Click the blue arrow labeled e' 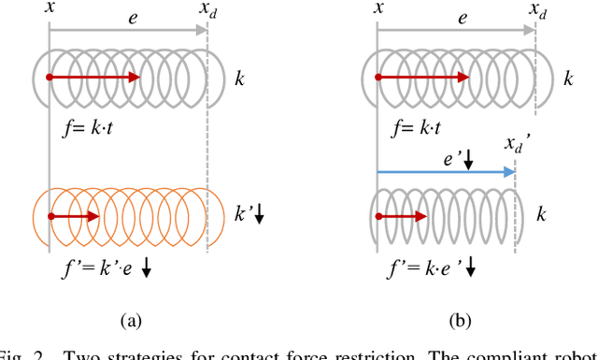pos(445,172)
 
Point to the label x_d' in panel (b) pos(517,146)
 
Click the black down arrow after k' pos(260,216)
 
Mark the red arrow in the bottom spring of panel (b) pos(399,216)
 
